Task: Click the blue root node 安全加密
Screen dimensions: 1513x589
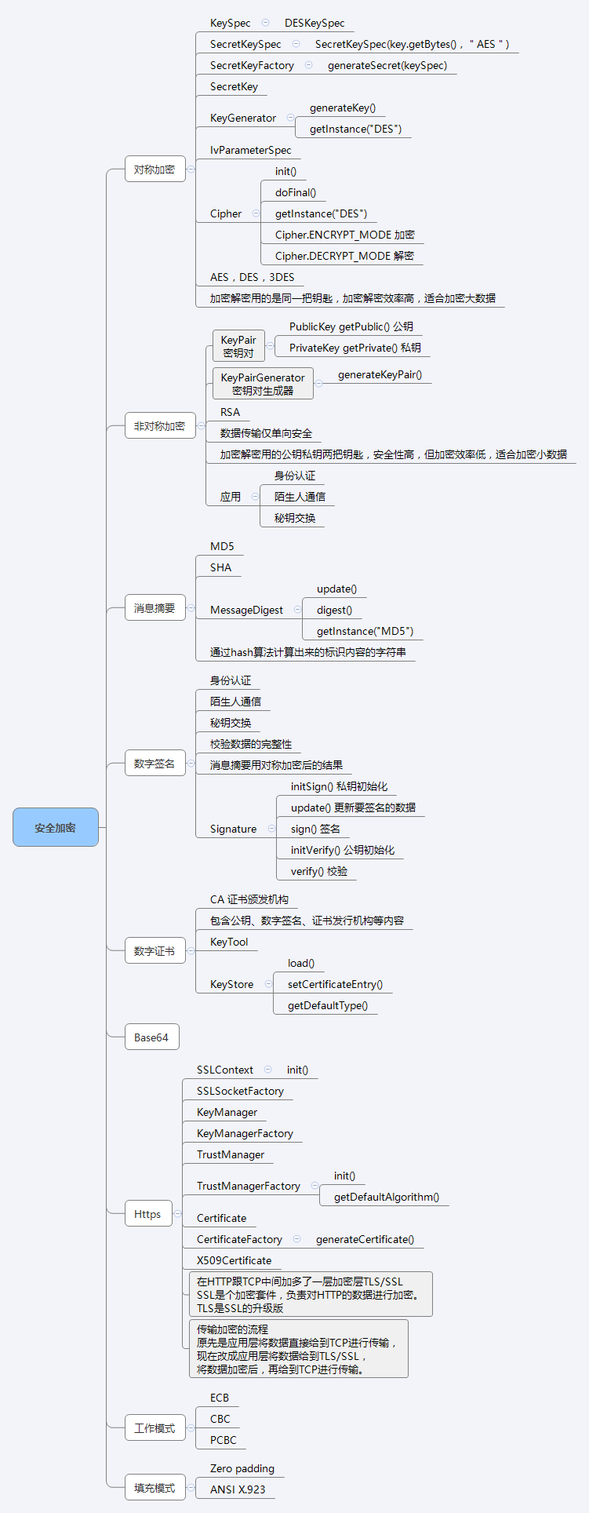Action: point(56,827)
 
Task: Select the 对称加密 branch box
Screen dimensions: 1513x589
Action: point(155,170)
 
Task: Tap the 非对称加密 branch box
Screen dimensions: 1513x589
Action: point(159,426)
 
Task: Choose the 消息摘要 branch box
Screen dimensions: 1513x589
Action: point(155,608)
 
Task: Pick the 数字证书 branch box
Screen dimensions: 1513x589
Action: point(155,951)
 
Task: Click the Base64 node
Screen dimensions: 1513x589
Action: point(151,1037)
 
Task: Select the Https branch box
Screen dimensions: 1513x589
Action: point(147,1214)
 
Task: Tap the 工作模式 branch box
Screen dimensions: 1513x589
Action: point(155,1428)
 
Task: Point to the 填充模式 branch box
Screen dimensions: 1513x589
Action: point(155,1488)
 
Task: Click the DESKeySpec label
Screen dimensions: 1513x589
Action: point(314,24)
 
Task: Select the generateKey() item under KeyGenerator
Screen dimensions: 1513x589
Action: point(343,108)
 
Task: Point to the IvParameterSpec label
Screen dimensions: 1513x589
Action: point(250,150)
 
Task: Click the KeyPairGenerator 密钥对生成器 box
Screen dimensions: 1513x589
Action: point(263,384)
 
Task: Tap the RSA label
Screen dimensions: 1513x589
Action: point(230,412)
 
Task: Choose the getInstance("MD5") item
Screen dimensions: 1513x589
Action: point(365,631)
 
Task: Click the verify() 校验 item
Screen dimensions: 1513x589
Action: point(319,871)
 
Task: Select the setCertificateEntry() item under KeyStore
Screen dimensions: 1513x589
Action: point(335,984)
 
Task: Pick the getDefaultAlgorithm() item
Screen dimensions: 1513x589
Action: point(387,1197)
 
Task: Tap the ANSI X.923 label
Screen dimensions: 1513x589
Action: point(238,1489)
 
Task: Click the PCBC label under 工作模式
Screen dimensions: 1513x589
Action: point(224,1440)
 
